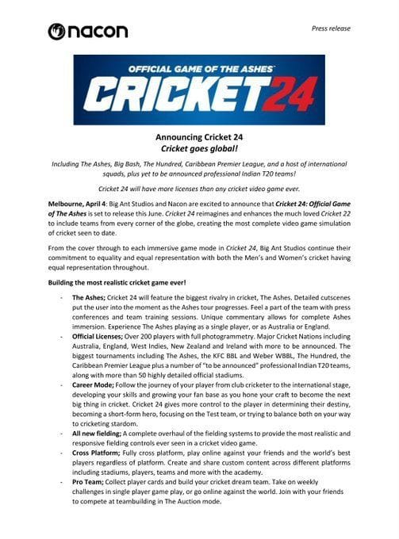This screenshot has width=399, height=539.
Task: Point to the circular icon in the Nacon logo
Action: coord(58,31)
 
